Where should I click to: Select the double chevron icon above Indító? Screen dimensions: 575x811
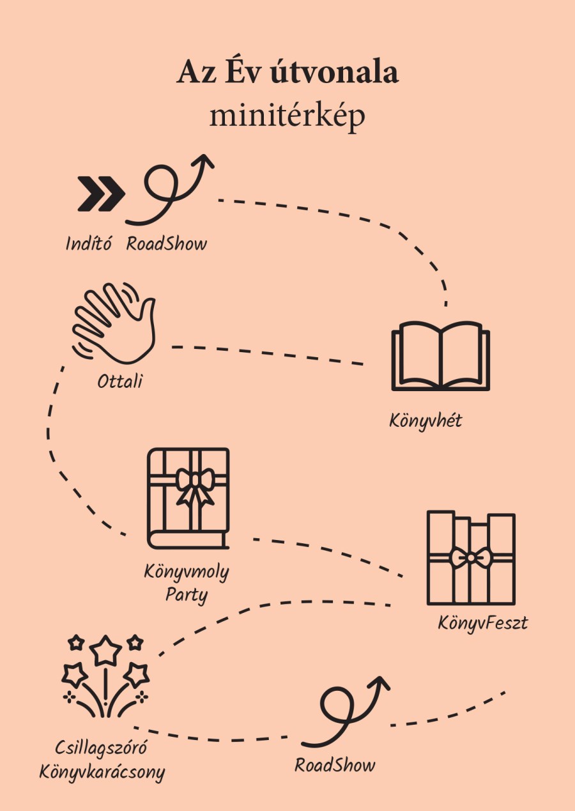(x=102, y=194)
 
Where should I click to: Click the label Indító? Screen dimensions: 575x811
(x=88, y=243)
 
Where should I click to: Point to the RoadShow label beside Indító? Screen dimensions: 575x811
(x=167, y=243)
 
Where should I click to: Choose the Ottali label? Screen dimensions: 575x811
(x=119, y=382)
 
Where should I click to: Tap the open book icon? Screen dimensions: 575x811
(x=440, y=356)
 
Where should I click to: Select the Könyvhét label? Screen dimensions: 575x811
(x=425, y=421)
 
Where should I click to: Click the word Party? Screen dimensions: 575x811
(x=187, y=595)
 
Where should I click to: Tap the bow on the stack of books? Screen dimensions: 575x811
(x=470, y=557)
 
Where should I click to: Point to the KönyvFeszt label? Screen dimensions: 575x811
(x=483, y=622)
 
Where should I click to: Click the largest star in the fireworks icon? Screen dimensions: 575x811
(x=105, y=650)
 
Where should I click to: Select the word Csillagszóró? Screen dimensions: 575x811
(x=101, y=747)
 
